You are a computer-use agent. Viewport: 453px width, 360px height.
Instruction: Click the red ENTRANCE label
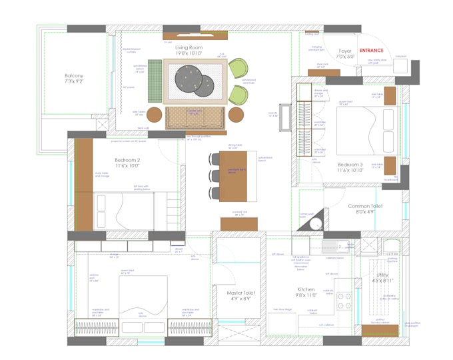[372, 51]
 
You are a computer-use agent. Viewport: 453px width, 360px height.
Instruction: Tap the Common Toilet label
[365, 209]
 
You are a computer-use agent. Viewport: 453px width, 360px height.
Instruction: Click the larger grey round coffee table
[189, 79]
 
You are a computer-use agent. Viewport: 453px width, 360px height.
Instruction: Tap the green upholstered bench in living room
[155, 81]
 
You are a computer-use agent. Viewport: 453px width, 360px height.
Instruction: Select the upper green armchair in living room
[238, 68]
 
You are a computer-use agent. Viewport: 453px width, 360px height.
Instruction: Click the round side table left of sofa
[155, 115]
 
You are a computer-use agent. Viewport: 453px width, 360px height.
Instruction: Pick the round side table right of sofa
[236, 115]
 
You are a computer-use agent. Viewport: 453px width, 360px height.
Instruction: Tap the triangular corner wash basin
[316, 220]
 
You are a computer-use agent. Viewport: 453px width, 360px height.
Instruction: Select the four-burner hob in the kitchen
[344, 301]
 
